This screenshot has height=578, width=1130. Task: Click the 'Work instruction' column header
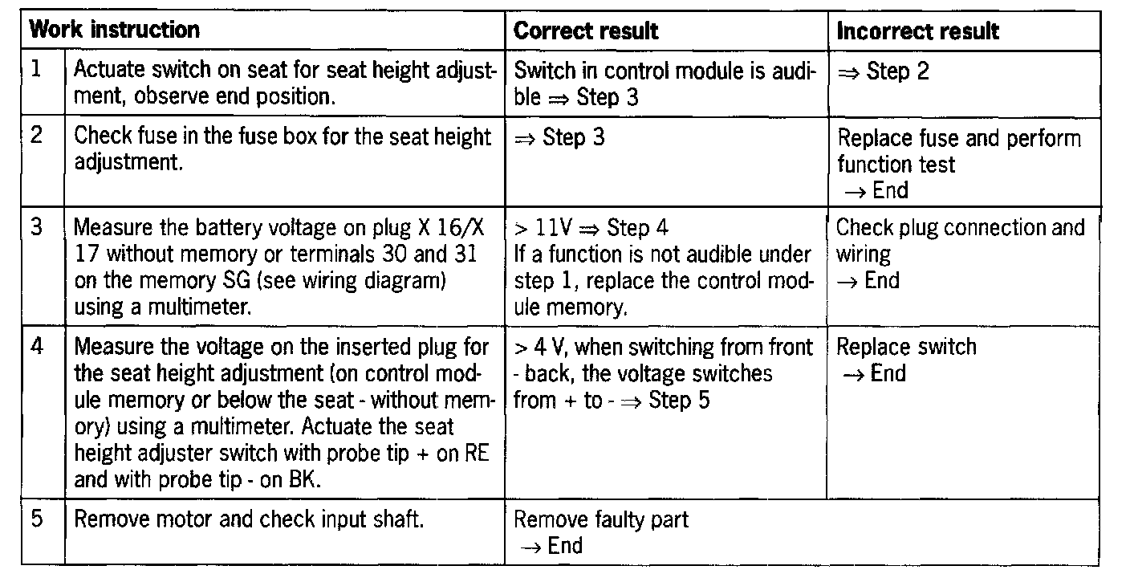[x=114, y=31]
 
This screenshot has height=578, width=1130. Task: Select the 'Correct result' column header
[x=585, y=31]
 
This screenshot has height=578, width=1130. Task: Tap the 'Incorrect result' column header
[x=917, y=31]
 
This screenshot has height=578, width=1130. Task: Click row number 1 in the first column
[x=36, y=69]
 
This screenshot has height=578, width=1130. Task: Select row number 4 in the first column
[x=36, y=347]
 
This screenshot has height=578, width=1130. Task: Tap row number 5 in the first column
[x=36, y=519]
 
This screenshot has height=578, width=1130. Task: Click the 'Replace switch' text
[x=906, y=347]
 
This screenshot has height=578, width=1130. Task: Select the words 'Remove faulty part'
[x=600, y=519]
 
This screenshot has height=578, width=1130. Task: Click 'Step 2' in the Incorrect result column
[x=897, y=71]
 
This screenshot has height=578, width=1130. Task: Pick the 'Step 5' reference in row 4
[x=679, y=400]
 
